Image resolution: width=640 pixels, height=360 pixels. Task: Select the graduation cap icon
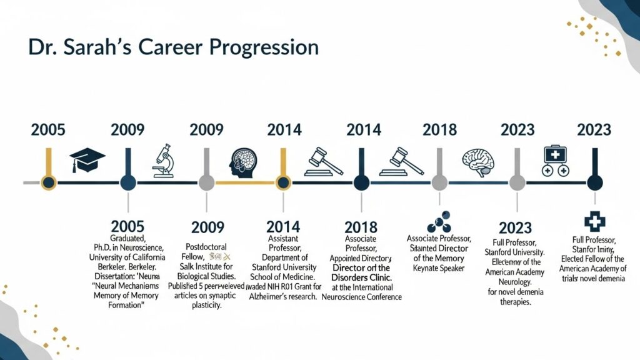click(87, 161)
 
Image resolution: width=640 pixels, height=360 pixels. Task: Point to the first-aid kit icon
click(555, 161)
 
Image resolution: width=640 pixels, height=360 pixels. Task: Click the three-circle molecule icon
click(438, 224)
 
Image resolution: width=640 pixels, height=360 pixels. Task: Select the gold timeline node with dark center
click(48, 182)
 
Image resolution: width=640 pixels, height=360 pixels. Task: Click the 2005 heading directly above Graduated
click(127, 226)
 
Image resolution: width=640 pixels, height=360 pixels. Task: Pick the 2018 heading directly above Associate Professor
click(361, 227)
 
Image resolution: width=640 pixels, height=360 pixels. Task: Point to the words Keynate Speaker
click(439, 269)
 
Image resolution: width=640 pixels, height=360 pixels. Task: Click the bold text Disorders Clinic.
click(361, 277)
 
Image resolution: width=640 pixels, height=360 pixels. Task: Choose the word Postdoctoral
click(206, 247)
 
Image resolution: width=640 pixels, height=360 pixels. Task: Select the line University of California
click(127, 257)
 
